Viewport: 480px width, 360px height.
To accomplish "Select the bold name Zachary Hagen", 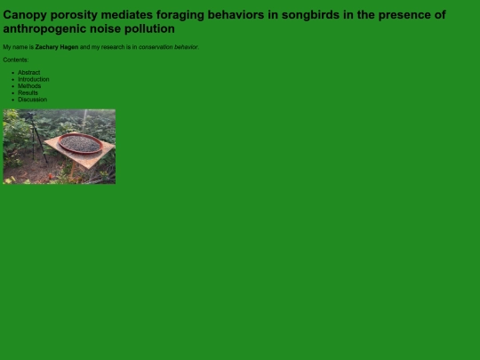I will click(x=57, y=47).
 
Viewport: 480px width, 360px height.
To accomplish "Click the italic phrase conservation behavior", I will click(x=168, y=47).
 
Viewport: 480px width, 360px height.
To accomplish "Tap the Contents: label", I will click(x=16, y=60).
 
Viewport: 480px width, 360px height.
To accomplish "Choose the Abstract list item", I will click(x=28, y=72).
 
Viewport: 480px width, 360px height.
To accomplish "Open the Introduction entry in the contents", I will click(x=34, y=79).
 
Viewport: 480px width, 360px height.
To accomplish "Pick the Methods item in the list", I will click(x=29, y=86).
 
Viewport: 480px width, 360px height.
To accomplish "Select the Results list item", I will click(x=28, y=92).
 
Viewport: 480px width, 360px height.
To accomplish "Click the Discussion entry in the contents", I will click(x=32, y=100).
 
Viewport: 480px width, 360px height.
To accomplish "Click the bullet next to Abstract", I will click(x=12, y=72).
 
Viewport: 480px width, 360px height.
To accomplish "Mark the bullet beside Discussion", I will click(x=12, y=100).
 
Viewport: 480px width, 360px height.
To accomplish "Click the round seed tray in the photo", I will click(x=79, y=143).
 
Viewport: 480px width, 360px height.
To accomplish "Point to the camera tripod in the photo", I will click(x=34, y=138).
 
